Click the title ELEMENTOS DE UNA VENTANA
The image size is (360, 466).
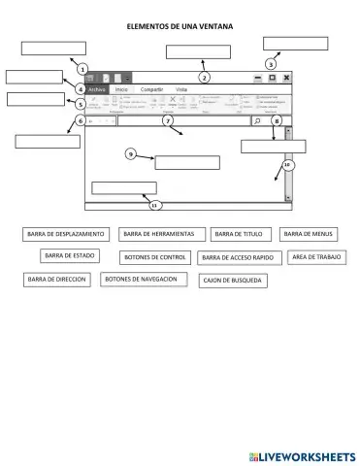coord(180,28)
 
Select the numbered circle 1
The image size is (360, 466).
coord(82,69)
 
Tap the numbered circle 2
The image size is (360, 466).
coord(204,77)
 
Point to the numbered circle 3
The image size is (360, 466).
coord(271,63)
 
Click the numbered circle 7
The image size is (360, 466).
coord(167,120)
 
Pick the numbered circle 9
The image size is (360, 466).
coord(130,153)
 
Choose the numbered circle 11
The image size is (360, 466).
coord(154,205)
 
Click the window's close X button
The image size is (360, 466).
coord(287,77)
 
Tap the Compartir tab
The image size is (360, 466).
coord(151,89)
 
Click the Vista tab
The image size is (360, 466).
coord(181,89)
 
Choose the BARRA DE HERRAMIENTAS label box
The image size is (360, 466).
coord(159,234)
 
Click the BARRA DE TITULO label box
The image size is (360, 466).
coord(239,234)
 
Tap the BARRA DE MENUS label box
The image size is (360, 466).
coord(309,234)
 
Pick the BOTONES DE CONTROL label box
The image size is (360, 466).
coord(154,257)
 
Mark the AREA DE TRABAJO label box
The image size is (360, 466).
coord(315,256)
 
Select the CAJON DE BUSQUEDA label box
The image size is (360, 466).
coord(231,281)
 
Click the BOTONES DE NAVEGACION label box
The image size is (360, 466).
coord(143,279)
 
